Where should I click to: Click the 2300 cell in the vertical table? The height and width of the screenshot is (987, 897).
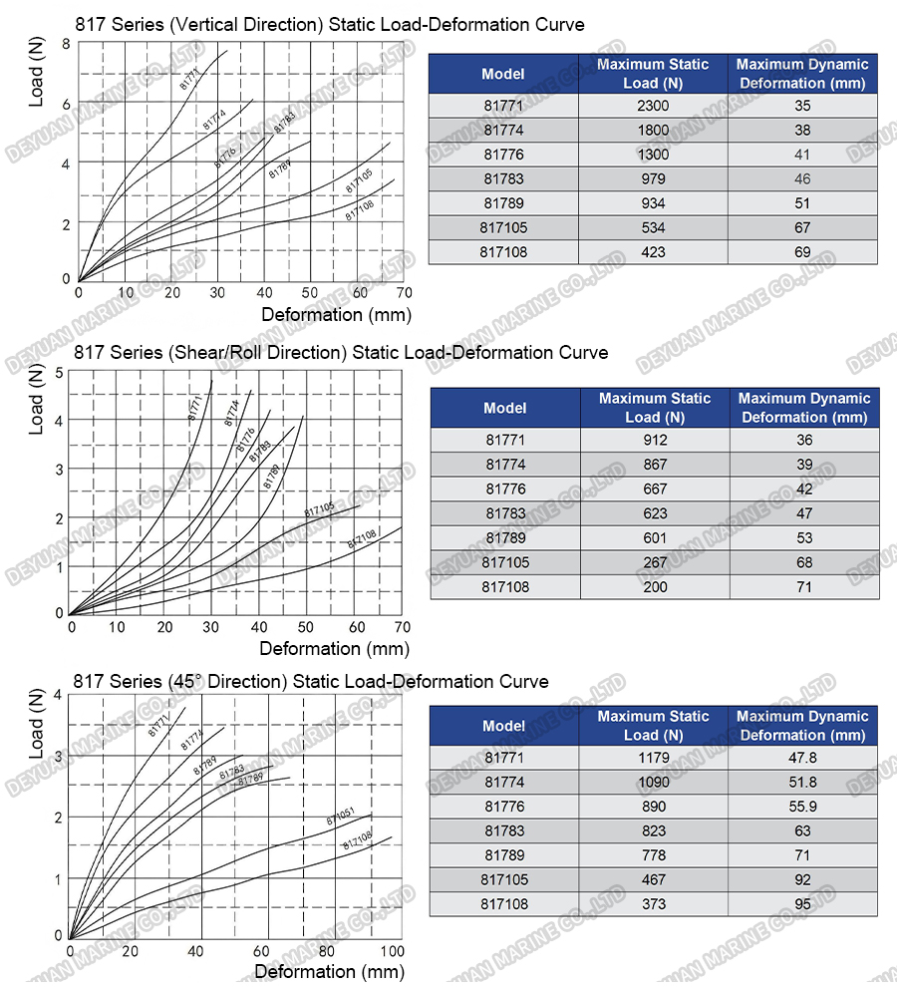(653, 106)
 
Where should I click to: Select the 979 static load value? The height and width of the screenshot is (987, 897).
(653, 179)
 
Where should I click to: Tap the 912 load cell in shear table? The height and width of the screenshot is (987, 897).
(655, 440)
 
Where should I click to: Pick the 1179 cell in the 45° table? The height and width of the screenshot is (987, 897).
(654, 758)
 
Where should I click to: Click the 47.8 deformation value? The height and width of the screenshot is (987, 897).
(801, 758)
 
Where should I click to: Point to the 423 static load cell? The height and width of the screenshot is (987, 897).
(653, 252)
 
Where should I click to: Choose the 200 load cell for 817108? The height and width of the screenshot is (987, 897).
(655, 587)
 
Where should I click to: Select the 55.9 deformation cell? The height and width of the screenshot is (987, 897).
(801, 807)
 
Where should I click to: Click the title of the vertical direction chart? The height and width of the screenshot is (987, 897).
(330, 24)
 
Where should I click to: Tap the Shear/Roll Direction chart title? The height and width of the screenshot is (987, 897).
(341, 353)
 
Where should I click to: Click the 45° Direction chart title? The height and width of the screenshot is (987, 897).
(311, 682)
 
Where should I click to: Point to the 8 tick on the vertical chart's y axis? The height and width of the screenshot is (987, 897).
(66, 44)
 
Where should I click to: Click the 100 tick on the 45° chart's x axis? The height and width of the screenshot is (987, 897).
(393, 952)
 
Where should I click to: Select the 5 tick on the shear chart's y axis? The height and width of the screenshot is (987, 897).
(59, 373)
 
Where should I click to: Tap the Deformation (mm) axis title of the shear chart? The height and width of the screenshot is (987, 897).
(334, 649)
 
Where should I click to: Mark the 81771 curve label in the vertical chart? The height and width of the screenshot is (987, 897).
(191, 79)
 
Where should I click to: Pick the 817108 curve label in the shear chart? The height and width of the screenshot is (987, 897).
(362, 540)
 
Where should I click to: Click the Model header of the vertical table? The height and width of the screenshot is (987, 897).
(503, 74)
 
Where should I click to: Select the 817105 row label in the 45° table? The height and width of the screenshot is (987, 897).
(504, 880)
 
